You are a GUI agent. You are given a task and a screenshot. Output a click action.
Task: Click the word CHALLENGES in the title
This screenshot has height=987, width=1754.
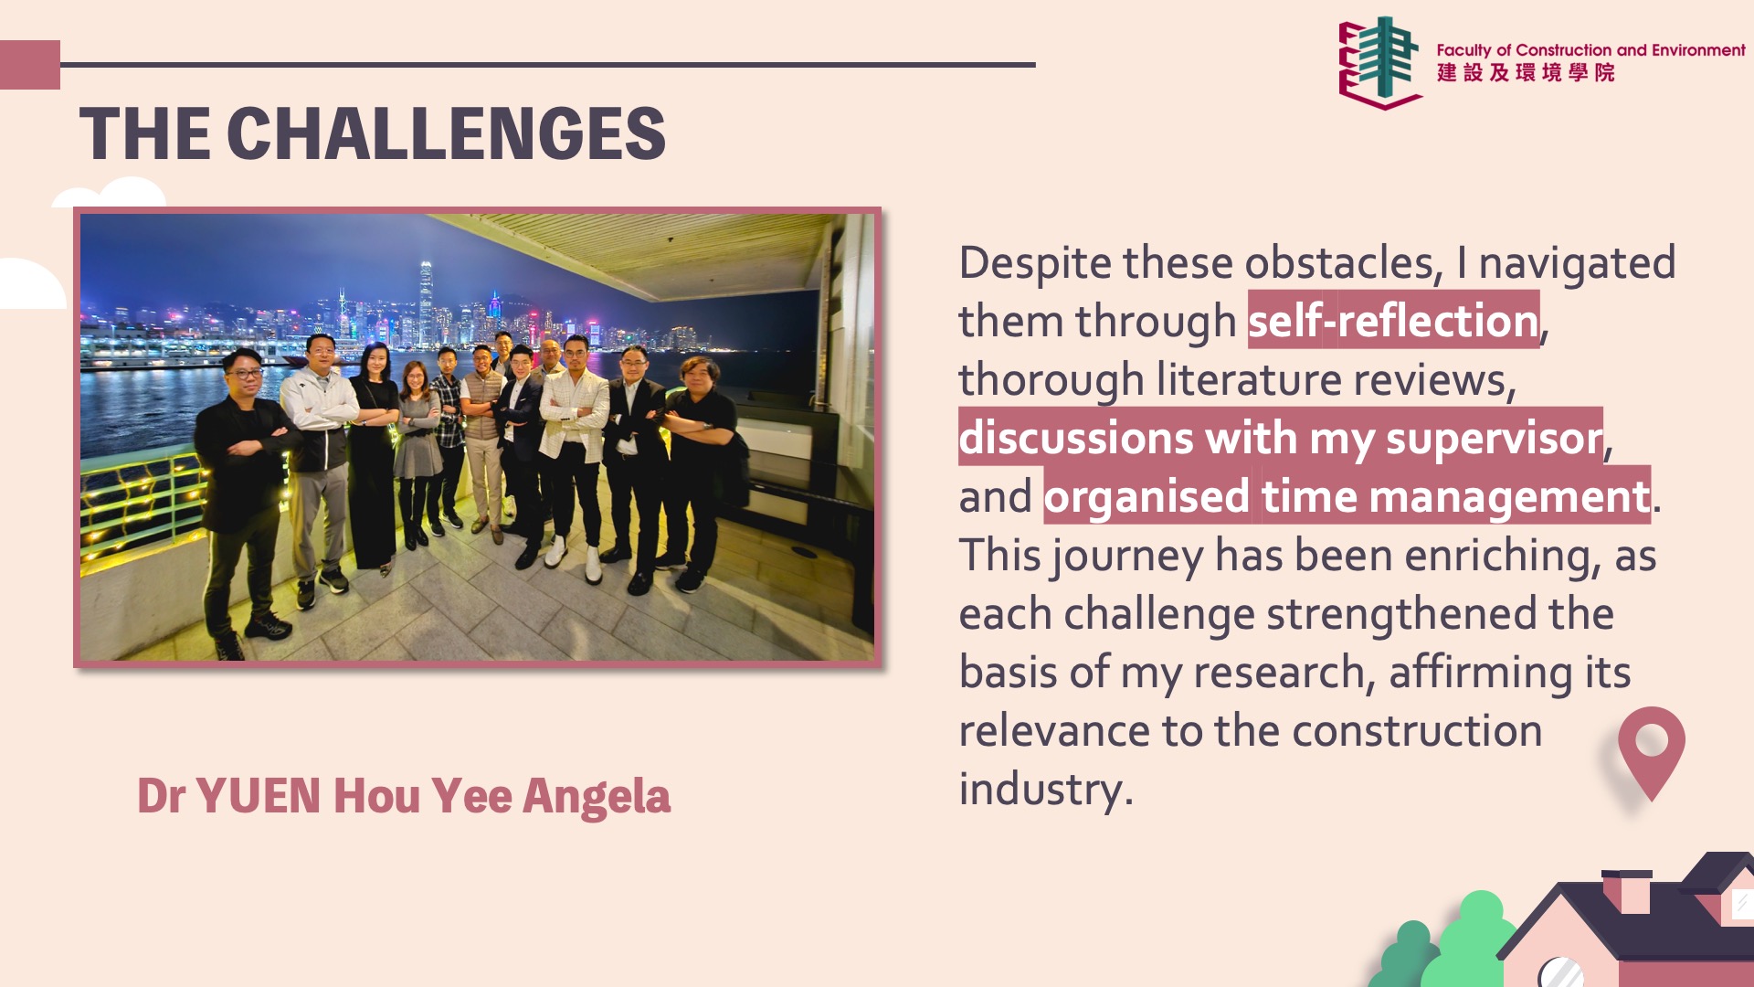(x=446, y=133)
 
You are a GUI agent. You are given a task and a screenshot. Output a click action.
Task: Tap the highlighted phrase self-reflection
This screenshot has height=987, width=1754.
(x=1394, y=321)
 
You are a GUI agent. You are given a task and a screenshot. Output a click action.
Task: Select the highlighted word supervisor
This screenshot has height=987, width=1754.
(x=1495, y=439)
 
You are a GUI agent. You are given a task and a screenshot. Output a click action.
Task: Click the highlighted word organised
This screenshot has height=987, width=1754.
(x=1146, y=497)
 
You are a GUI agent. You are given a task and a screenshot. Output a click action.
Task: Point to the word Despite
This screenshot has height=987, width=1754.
(x=1035, y=263)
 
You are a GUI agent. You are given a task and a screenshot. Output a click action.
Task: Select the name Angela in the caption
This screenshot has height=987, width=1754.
(x=597, y=797)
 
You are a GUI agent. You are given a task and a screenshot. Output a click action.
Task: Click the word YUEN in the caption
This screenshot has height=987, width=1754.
(x=258, y=796)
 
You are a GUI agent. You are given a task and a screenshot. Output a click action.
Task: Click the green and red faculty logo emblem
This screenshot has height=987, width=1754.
(x=1379, y=62)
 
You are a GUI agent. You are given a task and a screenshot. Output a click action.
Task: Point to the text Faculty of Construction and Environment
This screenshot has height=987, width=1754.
(x=1590, y=50)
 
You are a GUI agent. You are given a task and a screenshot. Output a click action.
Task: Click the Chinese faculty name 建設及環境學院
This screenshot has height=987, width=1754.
(x=1526, y=73)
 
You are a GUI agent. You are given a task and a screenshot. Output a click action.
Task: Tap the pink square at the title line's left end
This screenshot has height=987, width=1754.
(x=30, y=65)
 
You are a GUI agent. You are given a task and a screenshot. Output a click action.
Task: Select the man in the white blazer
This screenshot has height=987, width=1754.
(x=574, y=457)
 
